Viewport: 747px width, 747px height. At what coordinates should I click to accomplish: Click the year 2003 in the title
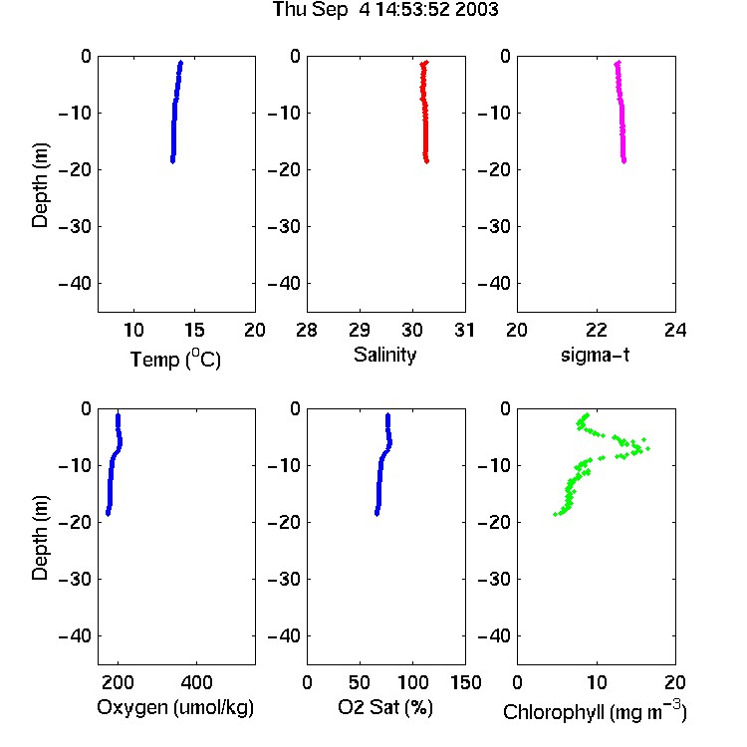coord(476,9)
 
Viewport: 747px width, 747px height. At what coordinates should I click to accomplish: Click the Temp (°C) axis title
coord(175,359)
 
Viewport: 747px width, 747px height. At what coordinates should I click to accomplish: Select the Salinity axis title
coord(384,356)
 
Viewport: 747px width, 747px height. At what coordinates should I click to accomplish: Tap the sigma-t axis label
coord(595,355)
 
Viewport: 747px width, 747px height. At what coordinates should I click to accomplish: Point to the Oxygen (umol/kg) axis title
coord(175,707)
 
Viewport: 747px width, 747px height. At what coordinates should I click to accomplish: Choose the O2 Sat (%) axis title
coord(385,707)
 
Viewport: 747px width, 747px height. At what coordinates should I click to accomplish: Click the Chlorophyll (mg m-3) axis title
coord(595,711)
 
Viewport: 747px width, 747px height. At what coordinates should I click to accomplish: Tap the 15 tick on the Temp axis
coord(194,330)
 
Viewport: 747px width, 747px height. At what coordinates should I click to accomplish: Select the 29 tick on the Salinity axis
coord(360,330)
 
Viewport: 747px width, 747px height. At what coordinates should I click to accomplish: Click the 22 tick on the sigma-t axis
coord(597,330)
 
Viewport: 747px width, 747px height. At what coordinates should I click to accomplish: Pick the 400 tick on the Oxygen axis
coord(197,682)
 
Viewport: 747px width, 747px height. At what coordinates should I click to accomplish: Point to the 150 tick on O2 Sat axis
coord(465,682)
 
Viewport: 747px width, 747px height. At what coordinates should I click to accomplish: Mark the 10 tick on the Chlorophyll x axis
coord(597,682)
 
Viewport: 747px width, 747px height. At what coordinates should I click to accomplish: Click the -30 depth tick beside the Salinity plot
coord(285,227)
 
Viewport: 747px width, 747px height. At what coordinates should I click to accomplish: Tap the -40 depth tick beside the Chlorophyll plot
coord(494,635)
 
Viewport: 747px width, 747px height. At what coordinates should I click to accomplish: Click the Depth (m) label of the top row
coord(41,185)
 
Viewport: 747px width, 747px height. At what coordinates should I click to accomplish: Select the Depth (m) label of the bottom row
coord(41,538)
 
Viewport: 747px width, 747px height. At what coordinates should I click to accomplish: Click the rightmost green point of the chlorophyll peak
coord(648,448)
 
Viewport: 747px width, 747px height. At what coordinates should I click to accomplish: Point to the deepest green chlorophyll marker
coord(556,515)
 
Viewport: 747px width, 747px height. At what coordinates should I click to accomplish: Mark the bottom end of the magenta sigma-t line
coord(624,161)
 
